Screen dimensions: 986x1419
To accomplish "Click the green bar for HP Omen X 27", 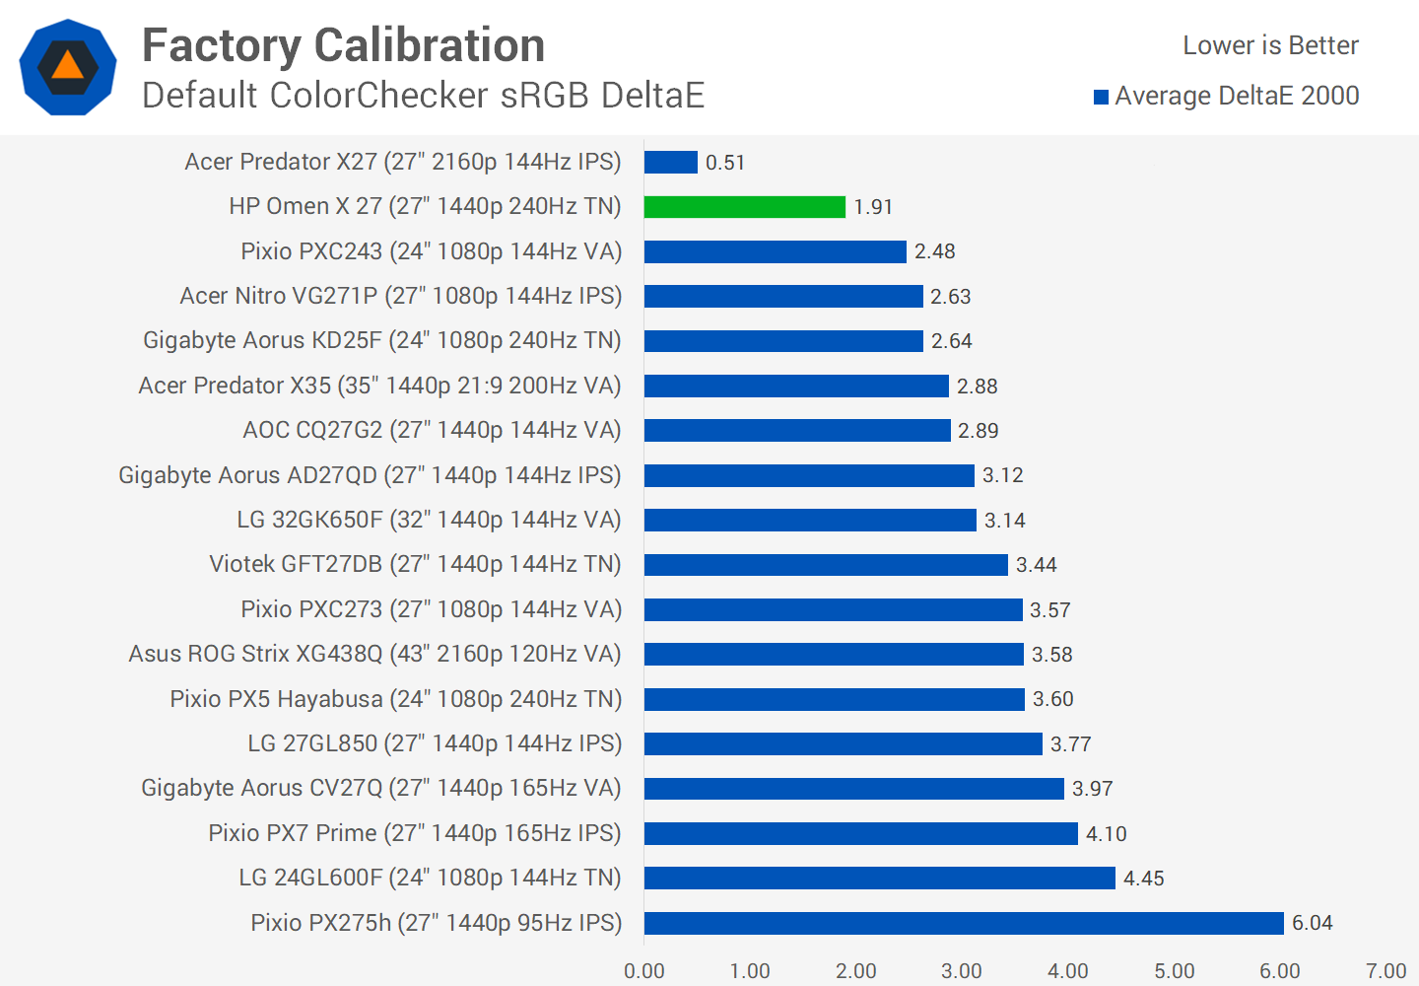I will tap(745, 207).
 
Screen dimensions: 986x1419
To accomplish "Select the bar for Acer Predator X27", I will tap(671, 162).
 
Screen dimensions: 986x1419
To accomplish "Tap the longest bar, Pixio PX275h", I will tap(964, 923).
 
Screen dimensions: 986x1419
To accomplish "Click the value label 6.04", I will tap(1312, 923).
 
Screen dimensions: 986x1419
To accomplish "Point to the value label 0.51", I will tap(725, 163).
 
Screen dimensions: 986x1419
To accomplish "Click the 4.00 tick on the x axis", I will tap(1067, 971).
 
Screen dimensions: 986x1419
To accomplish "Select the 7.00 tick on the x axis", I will tap(1385, 971).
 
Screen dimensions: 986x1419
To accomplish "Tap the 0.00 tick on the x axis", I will tap(644, 971).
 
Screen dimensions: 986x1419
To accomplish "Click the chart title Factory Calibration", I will tap(343, 45).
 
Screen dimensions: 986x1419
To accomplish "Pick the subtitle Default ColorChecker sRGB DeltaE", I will tap(424, 96).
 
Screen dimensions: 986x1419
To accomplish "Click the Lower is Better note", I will tap(1270, 45).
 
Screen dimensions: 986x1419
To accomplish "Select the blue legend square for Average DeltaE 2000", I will tap(1102, 97).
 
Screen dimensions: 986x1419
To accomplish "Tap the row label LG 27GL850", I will tap(435, 743).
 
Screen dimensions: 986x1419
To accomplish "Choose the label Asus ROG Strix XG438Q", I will tap(374, 654).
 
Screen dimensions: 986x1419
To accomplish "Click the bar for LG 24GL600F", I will tap(879, 878).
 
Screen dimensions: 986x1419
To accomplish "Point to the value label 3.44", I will tap(1036, 565).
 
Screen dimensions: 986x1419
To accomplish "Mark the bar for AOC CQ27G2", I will tap(797, 431).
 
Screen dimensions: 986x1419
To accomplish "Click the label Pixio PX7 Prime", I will tap(415, 833).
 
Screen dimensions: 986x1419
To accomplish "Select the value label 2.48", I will tap(934, 251).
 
